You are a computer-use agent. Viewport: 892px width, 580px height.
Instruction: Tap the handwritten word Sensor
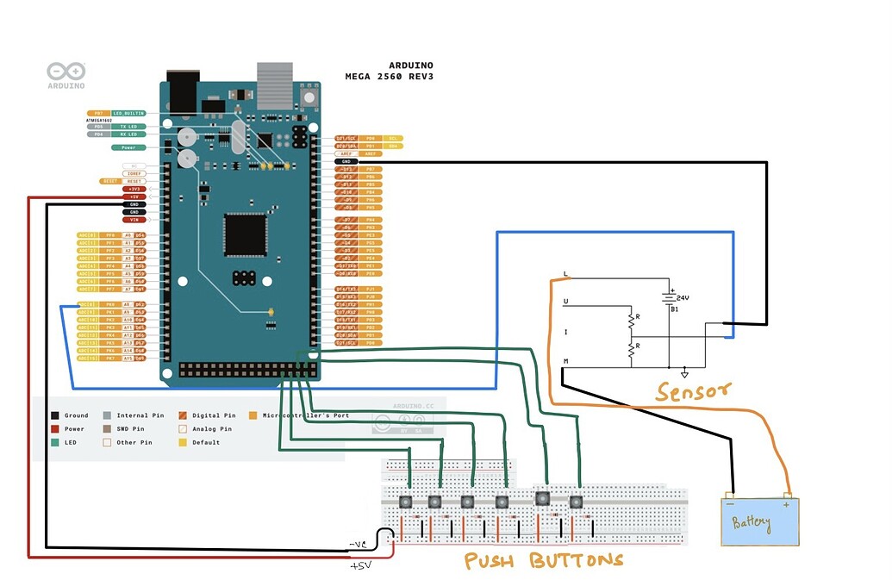[x=693, y=393]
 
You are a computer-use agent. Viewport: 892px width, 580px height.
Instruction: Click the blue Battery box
[x=760, y=521]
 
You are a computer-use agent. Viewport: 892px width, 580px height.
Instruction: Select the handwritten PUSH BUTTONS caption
[x=543, y=561]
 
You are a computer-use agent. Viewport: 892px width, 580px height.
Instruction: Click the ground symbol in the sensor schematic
[x=684, y=372]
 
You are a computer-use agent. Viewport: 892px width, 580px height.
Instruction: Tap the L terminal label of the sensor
[x=565, y=274]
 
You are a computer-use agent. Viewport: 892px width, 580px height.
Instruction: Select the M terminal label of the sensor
[x=565, y=361]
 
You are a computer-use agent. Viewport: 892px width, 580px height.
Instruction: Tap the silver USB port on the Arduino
[x=276, y=84]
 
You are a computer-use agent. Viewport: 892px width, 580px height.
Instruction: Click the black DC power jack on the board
[x=181, y=93]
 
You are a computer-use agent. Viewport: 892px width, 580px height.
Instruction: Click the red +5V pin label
[x=134, y=196]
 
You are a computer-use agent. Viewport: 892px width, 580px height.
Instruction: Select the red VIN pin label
[x=134, y=220]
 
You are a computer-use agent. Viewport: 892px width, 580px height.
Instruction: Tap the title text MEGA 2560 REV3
[x=389, y=76]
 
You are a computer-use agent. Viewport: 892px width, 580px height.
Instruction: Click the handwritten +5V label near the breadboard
[x=360, y=565]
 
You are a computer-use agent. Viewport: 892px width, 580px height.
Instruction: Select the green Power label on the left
[x=128, y=147]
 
